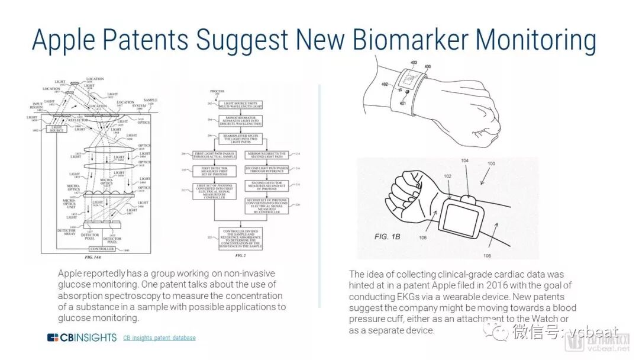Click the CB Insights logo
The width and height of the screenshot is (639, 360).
pos(82,337)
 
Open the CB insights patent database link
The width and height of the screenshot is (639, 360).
pos(159,338)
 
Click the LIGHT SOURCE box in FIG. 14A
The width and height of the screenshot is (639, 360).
pos(57,128)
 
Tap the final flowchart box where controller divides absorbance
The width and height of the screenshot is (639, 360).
pos(239,238)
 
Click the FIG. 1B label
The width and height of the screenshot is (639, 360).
pos(388,236)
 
